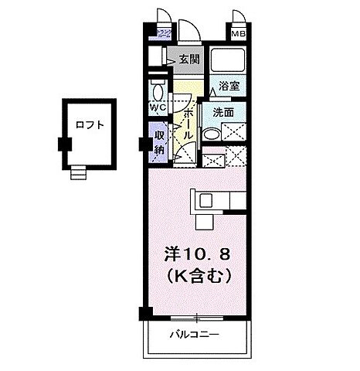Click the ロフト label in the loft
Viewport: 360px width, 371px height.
tap(90, 124)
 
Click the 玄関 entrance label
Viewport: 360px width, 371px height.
tap(189, 59)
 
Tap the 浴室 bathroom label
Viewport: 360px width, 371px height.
tap(228, 86)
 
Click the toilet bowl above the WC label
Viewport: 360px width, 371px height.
tap(158, 87)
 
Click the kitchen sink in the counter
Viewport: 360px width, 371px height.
tap(205, 200)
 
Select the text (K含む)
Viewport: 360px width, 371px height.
tap(199, 274)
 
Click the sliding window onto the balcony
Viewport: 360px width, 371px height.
tap(198, 317)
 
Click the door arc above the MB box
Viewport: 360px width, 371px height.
tap(239, 18)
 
